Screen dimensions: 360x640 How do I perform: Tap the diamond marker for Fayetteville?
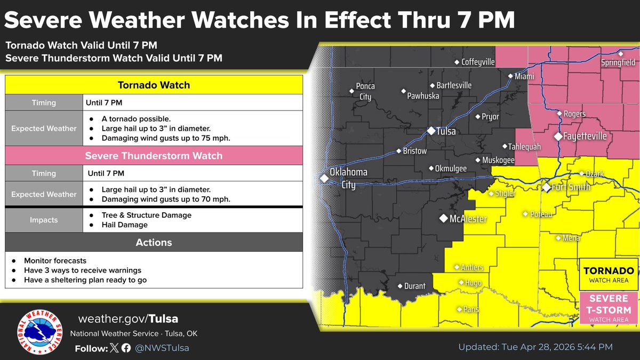pyautogui.click(x=558, y=137)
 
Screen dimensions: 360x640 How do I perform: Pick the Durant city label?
pyautogui.click(x=414, y=286)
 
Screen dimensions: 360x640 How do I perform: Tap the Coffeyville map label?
pyautogui.click(x=478, y=62)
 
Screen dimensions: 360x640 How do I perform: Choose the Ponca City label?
pyautogui.click(x=365, y=91)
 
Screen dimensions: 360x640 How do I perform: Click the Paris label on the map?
pyautogui.click(x=471, y=309)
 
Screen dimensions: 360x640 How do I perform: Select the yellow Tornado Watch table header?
pyautogui.click(x=154, y=85)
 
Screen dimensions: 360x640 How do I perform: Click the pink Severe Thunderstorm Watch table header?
pyautogui.click(x=154, y=156)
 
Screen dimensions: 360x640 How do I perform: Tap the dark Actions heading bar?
pyautogui.click(x=154, y=243)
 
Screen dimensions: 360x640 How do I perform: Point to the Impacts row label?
pyautogui.click(x=44, y=220)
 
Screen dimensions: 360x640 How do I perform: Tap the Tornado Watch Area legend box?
pyautogui.click(x=607, y=275)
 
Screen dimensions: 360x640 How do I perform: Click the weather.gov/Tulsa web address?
pyautogui.click(x=128, y=319)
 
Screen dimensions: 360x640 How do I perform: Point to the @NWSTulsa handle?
pyautogui.click(x=162, y=348)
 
